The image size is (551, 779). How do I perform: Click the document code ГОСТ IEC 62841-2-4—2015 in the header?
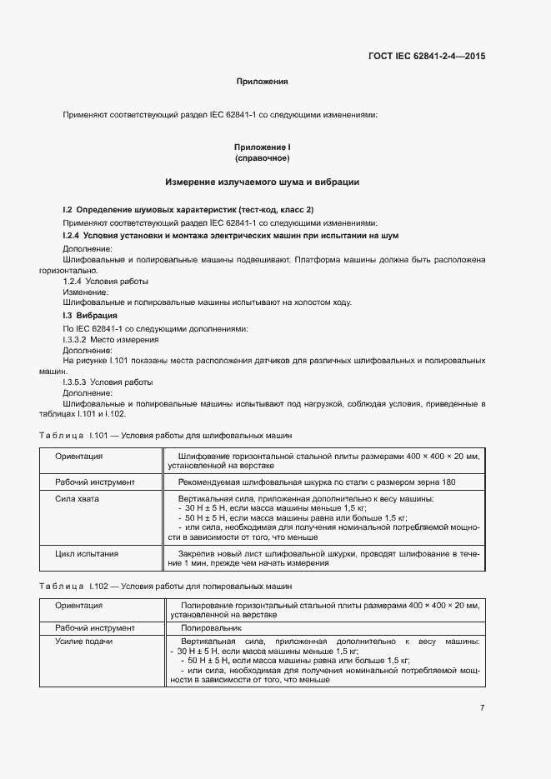(x=426, y=57)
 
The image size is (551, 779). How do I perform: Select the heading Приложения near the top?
(x=262, y=82)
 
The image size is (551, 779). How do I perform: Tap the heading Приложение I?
(x=262, y=147)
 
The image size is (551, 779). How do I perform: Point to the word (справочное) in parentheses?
(x=262, y=157)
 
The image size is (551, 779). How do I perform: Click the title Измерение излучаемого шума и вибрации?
(x=262, y=182)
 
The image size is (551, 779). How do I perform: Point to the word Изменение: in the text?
(x=86, y=292)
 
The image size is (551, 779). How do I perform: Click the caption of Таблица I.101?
(x=165, y=436)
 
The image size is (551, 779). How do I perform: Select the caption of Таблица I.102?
(x=165, y=587)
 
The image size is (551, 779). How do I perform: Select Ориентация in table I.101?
(x=79, y=457)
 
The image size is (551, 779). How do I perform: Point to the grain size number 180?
(x=449, y=482)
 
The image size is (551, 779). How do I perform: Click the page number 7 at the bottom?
(x=482, y=708)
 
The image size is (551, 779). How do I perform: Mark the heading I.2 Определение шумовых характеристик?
(x=188, y=209)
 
